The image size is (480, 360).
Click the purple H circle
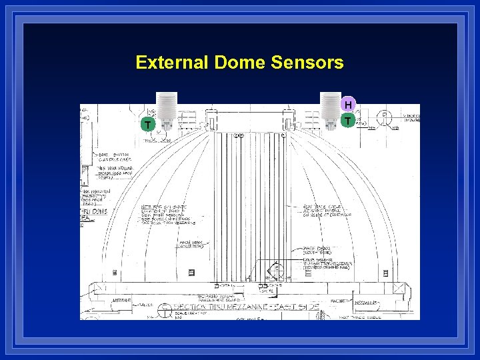click(348, 105)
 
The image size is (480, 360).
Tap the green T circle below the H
click(348, 121)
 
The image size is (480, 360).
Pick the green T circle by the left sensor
click(147, 125)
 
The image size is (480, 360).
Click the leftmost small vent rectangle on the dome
click(114, 273)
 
